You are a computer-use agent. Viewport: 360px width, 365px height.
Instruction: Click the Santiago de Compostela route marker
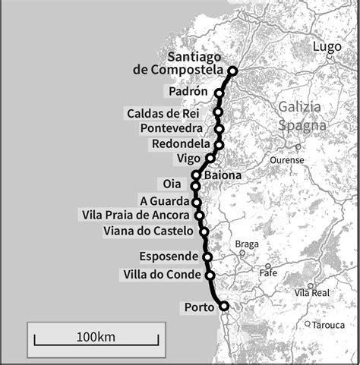pos(232,71)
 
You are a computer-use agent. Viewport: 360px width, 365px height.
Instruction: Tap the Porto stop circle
pos(224,307)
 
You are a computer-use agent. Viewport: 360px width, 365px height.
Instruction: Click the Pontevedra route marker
pos(219,129)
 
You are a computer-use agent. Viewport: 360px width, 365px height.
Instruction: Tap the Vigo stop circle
pos(210,159)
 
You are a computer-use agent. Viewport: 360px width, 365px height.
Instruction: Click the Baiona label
pos(222,175)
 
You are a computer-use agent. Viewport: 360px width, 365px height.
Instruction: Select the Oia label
pos(172,184)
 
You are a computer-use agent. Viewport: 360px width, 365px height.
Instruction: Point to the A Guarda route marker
pos(197,203)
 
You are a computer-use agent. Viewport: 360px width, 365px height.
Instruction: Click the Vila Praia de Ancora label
pos(135,216)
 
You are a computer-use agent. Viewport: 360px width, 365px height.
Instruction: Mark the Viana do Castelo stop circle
pos(205,231)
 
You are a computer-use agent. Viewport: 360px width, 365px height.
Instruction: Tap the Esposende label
pos(169,256)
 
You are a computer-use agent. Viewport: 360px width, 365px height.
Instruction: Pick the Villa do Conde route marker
pos(210,275)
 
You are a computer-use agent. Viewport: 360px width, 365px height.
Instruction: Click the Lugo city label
pos(327,46)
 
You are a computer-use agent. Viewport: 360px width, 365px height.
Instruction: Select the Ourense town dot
pos(298,146)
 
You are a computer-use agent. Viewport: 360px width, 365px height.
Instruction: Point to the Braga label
pos(247,244)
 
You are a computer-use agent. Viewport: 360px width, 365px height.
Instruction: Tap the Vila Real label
pos(312,292)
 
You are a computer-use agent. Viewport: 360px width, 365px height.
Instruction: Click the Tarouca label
pos(330,325)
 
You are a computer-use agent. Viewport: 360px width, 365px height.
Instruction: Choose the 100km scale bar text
pos(96,336)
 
